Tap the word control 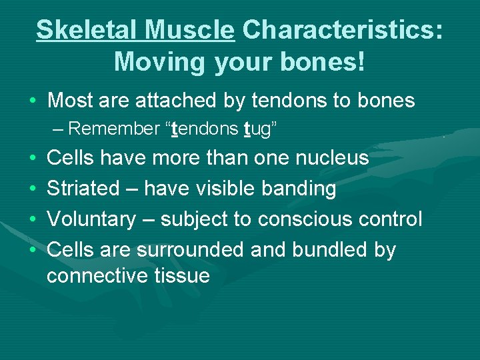(x=393, y=219)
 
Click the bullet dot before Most (x=33, y=101)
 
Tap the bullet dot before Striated (x=33, y=189)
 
